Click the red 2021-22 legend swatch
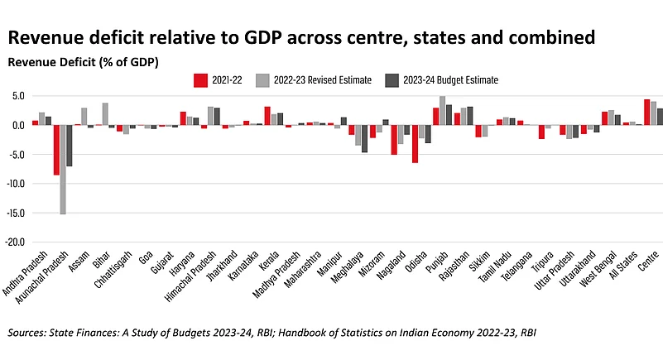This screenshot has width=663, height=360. coord(199,80)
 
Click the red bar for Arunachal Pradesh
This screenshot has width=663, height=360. coord(56,150)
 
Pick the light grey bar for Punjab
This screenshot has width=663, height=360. coord(442,111)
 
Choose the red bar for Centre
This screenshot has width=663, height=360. coord(646,113)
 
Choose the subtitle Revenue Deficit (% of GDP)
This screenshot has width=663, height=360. coord(83,62)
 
